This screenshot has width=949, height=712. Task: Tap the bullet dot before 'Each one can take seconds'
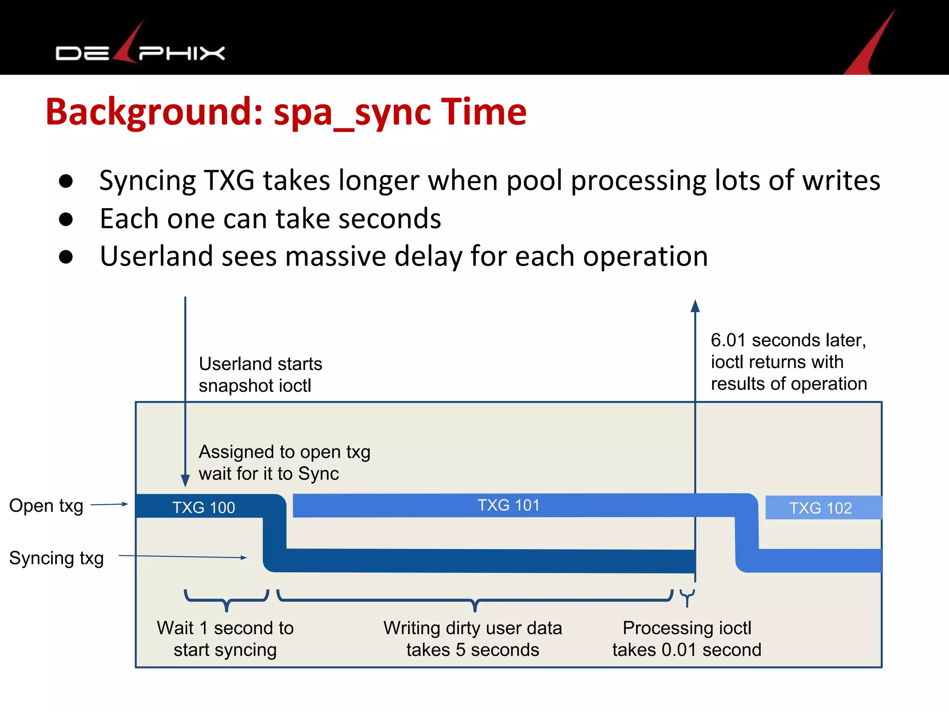[66, 219]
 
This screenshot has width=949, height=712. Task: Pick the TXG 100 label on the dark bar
[203, 508]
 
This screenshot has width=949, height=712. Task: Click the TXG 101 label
[508, 505]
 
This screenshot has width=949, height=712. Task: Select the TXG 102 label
[820, 508]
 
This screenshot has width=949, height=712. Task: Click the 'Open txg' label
[46, 506]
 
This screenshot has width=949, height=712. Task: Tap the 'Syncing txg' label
[56, 558]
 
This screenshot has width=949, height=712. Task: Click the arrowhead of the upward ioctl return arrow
[695, 306]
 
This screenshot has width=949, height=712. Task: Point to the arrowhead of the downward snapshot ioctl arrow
[185, 481]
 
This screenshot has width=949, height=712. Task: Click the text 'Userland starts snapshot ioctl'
[260, 375]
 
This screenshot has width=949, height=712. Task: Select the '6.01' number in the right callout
[728, 340]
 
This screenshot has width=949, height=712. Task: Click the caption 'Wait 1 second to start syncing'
[225, 639]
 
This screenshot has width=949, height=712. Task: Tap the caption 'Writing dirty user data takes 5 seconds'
[473, 639]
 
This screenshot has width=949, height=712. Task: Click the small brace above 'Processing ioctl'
[687, 597]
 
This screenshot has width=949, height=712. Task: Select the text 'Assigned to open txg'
[284, 452]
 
